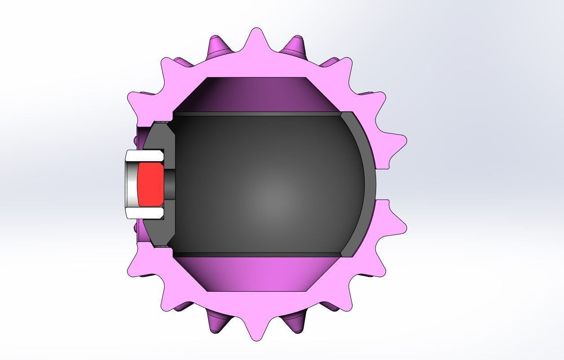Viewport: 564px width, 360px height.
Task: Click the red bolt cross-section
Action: [150, 184]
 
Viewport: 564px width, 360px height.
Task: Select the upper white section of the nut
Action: [144, 157]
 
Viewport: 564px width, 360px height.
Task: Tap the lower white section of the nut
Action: [144, 213]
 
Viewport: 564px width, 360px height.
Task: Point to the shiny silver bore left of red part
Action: [131, 184]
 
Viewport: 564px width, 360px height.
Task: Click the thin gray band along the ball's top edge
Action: [256, 114]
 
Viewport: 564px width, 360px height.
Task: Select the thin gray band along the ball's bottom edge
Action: [256, 255]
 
